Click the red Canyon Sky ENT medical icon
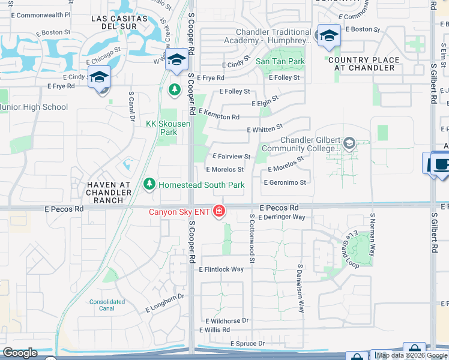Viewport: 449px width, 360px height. (220, 211)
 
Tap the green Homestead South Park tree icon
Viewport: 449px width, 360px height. (149, 184)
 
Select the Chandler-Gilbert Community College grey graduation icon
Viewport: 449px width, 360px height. (349, 142)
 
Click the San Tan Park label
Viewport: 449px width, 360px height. (280, 61)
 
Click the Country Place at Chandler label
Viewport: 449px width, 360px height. (364, 64)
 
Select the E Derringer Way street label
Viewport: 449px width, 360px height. (283, 217)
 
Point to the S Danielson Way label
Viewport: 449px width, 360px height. (301, 289)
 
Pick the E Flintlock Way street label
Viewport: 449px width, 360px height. (221, 269)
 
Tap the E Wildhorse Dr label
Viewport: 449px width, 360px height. (226, 321)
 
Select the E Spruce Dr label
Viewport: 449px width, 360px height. (247, 343)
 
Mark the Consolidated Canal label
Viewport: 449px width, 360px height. (107, 305)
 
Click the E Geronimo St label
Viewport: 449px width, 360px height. (285, 182)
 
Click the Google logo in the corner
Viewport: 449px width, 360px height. (20, 353)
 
